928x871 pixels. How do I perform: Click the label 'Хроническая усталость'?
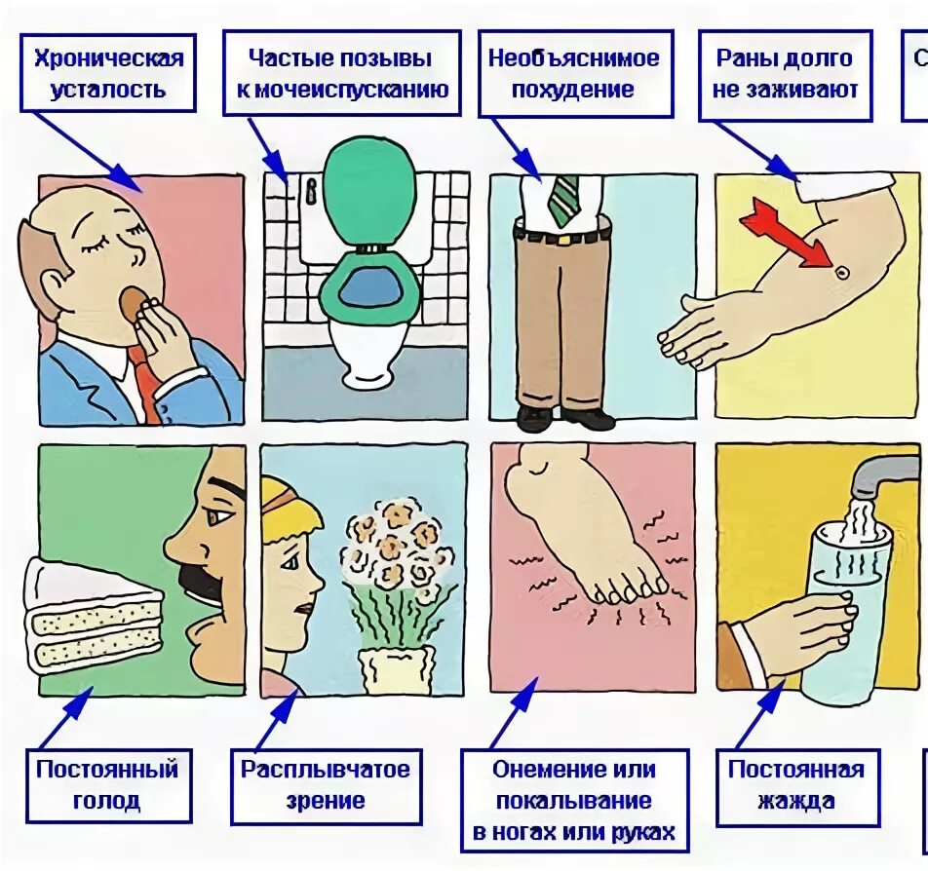point(108,73)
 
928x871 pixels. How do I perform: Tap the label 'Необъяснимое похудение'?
point(574,74)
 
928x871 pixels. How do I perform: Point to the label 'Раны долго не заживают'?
point(786,74)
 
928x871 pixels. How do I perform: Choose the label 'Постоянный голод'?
point(107,785)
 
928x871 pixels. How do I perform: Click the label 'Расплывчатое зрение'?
point(326,785)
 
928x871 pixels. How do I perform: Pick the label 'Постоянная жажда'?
point(795,785)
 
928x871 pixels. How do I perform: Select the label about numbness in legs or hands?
point(574,800)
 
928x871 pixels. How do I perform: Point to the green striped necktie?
point(563,199)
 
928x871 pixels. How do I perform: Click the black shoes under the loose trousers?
point(565,418)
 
